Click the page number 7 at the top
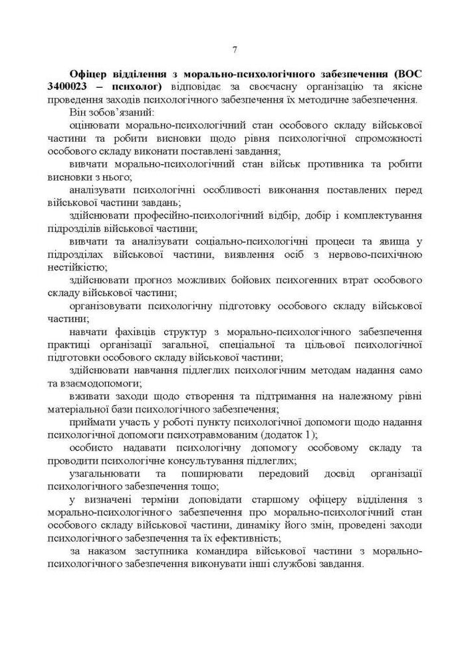pos(235,49)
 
